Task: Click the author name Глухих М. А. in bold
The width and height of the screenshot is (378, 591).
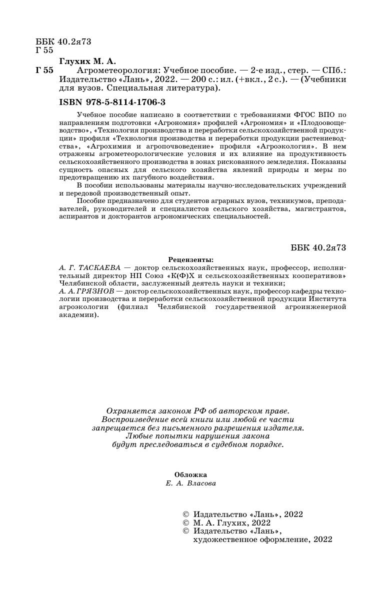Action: (x=87, y=61)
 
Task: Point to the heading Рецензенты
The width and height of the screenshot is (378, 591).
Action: (x=190, y=260)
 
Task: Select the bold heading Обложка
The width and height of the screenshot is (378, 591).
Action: (x=190, y=474)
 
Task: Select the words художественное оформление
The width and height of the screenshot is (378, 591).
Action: (x=252, y=540)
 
